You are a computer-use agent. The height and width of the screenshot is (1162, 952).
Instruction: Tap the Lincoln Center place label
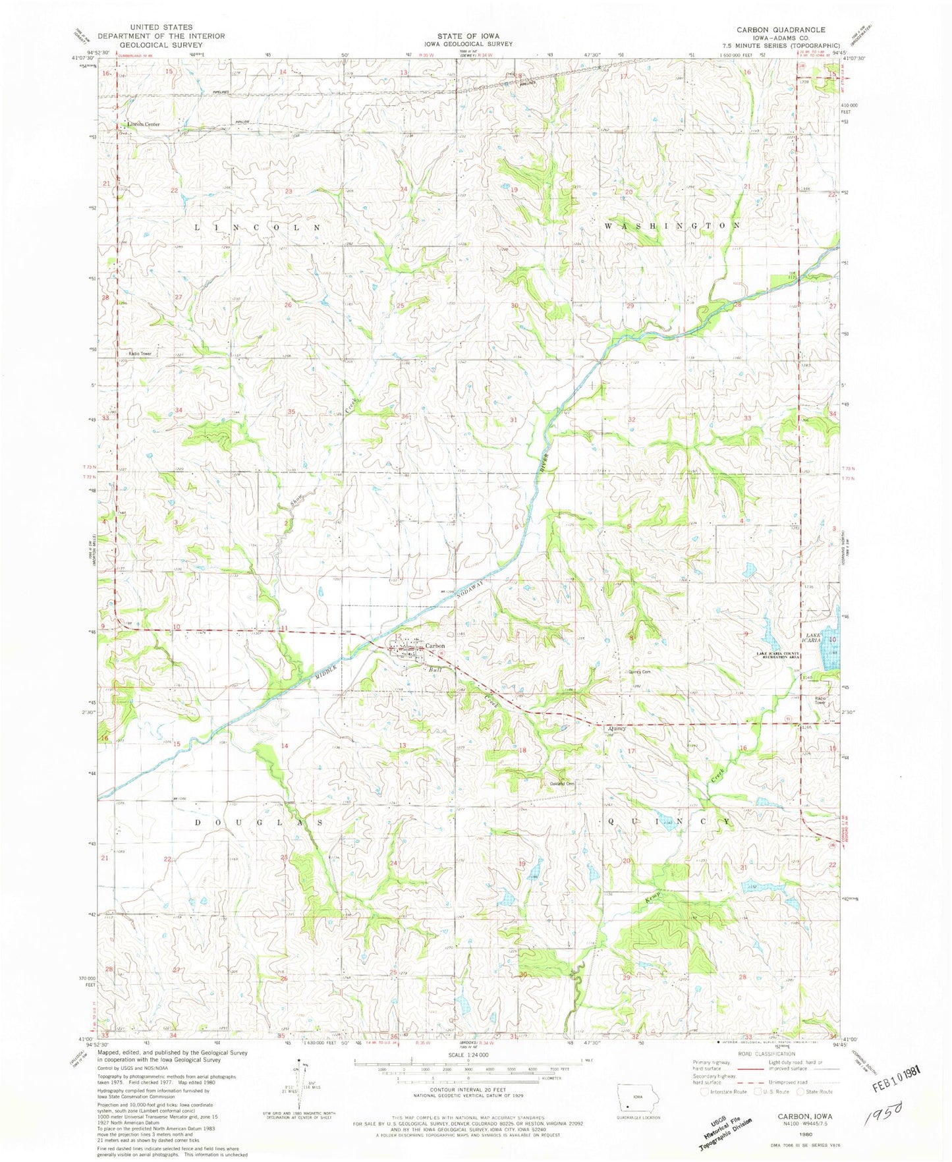[x=144, y=124]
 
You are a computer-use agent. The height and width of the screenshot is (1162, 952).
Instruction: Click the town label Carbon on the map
[x=435, y=646]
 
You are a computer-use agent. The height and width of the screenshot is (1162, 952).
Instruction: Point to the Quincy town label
[x=617, y=729]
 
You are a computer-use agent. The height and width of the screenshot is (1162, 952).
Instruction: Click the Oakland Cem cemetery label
[x=563, y=783]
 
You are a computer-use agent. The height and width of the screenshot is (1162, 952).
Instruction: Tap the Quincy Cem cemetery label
[x=640, y=672]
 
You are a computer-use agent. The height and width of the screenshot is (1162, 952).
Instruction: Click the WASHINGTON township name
[x=672, y=225]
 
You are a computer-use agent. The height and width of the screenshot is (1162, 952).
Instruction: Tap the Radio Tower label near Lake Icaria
[x=820, y=700]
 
